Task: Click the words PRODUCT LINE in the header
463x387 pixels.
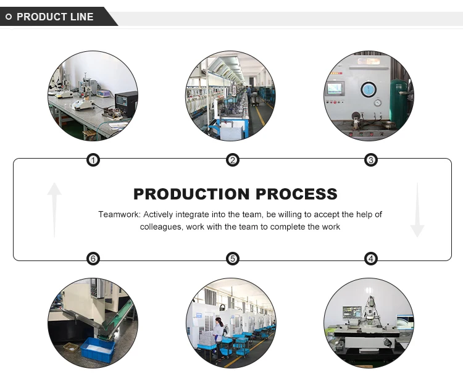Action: pyautogui.click(x=55, y=17)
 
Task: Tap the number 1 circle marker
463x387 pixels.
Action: pyautogui.click(x=93, y=160)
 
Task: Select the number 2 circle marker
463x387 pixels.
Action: pyautogui.click(x=233, y=160)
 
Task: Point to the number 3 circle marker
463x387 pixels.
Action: pyautogui.click(x=371, y=160)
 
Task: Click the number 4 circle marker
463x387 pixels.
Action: pyautogui.click(x=371, y=259)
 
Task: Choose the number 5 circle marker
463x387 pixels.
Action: pyautogui.click(x=233, y=259)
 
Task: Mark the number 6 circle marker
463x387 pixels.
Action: pyautogui.click(x=93, y=259)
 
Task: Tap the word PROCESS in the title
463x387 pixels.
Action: pyautogui.click(x=297, y=194)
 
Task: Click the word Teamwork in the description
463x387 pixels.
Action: pyautogui.click(x=119, y=215)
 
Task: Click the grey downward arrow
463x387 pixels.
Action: pyautogui.click(x=417, y=210)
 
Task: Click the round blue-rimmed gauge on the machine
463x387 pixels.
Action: pyautogui.click(x=368, y=88)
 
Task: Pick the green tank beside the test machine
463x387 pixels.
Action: pyautogui.click(x=401, y=99)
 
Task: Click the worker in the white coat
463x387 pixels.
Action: pyautogui.click(x=219, y=334)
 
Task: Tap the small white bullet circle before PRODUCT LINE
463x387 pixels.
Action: pyautogui.click(x=9, y=17)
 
